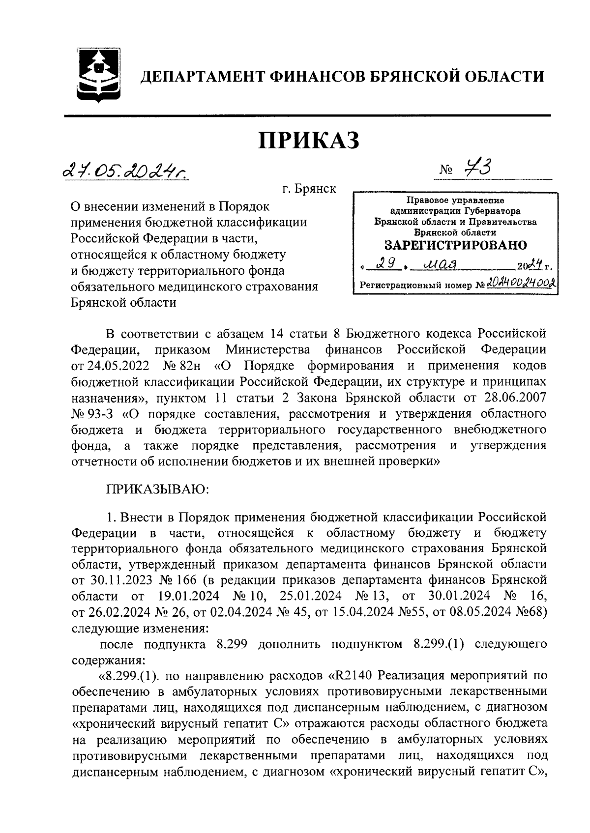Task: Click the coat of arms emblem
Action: point(98,75)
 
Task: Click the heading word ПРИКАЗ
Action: point(309,141)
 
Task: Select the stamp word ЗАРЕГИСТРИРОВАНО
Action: point(455,245)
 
